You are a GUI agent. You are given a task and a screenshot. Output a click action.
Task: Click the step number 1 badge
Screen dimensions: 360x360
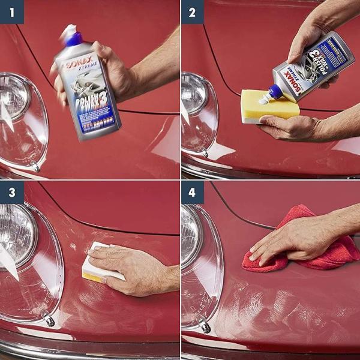coord(11,11)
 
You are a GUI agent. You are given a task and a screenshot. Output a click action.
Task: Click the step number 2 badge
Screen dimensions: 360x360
coord(193,11)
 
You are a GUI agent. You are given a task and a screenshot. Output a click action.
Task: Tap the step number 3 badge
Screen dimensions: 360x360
coord(11,193)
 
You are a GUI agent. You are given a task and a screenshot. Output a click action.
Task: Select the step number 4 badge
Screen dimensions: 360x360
coord(193,193)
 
